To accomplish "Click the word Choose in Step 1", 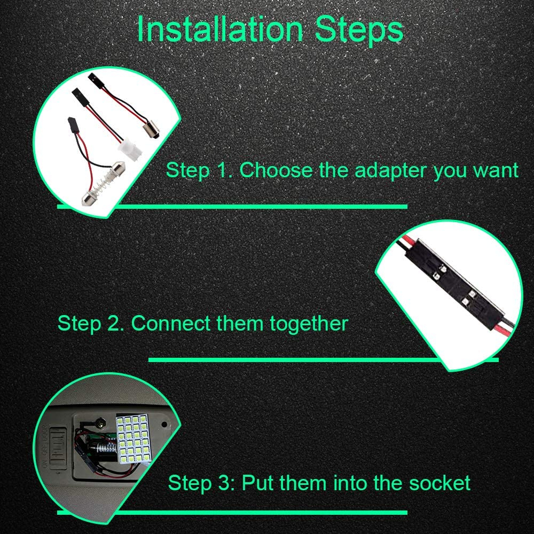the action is pyautogui.click(x=276, y=170).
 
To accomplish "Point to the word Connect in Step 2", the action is pyautogui.click(x=171, y=323).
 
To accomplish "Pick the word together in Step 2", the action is pyautogui.click(x=309, y=324).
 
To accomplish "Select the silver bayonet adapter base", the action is pyautogui.click(x=151, y=131).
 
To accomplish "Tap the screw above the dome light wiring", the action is pyautogui.click(x=100, y=423).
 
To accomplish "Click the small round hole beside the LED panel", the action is pyautogui.click(x=165, y=425).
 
